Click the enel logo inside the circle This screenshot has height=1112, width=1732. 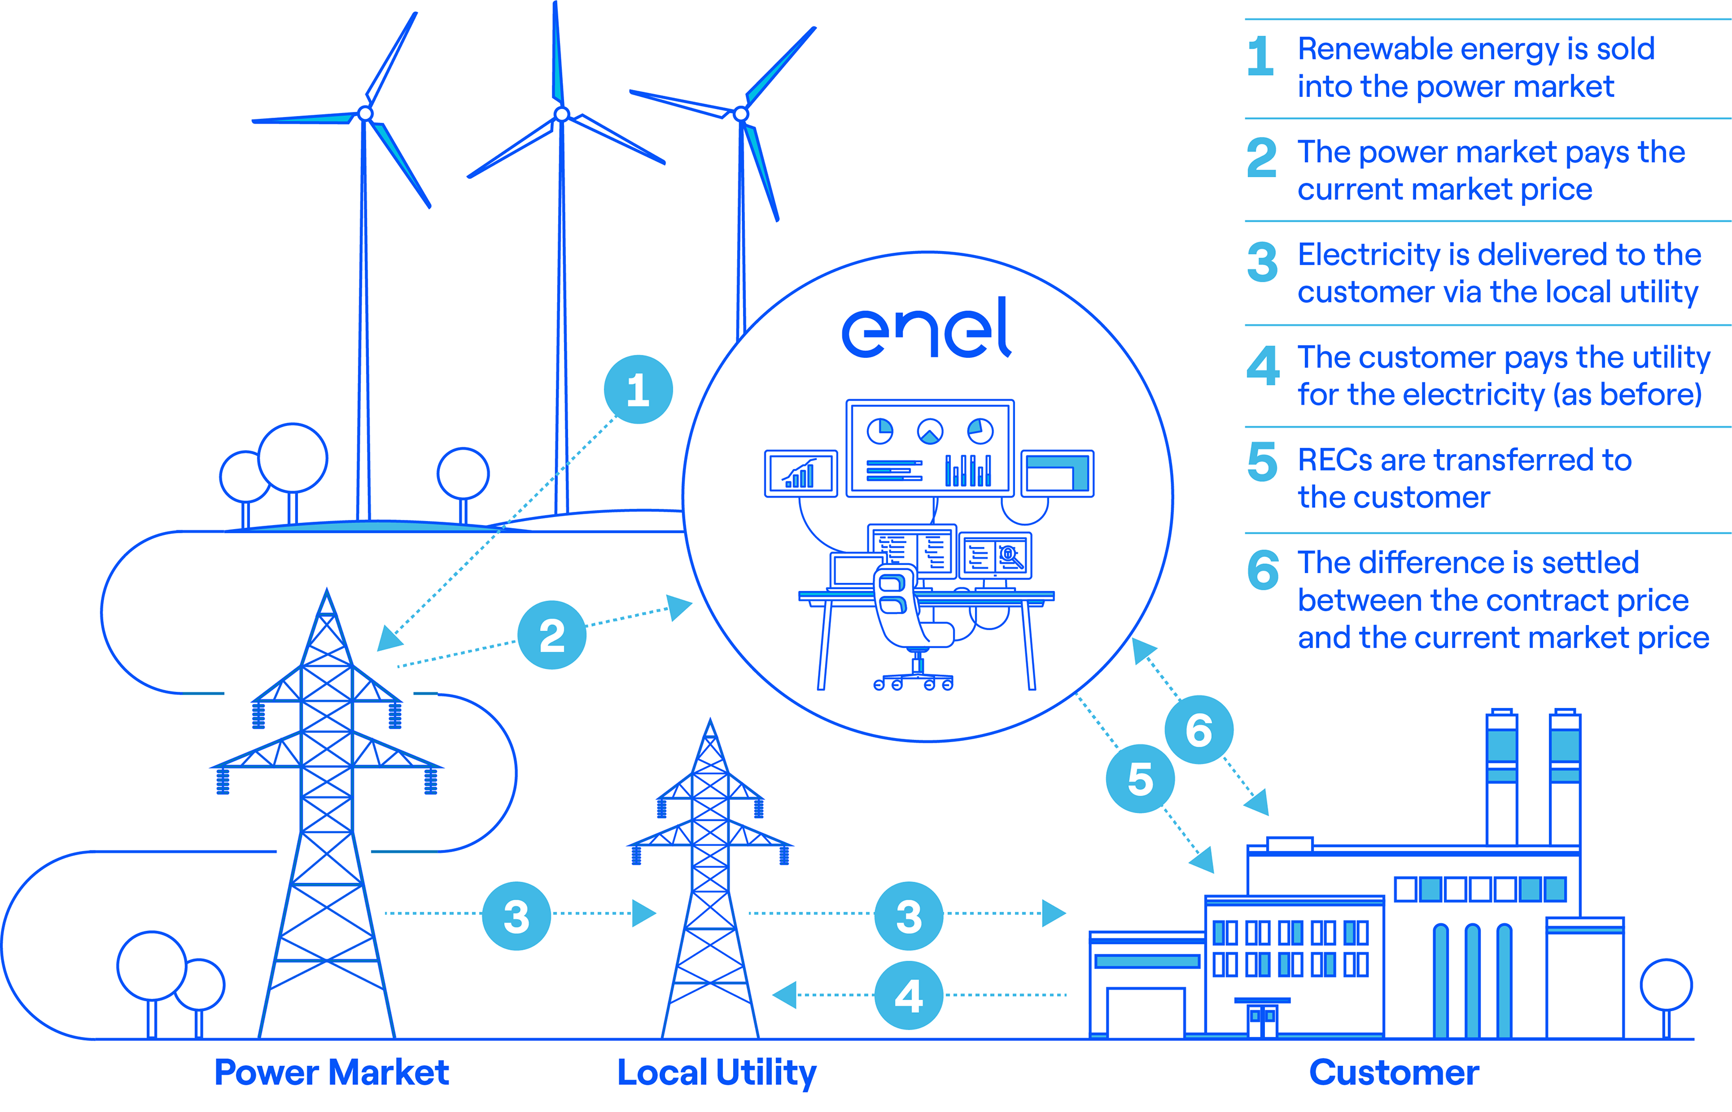tap(927, 328)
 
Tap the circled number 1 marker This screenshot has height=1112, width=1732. tap(638, 390)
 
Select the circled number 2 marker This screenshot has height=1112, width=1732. tap(552, 635)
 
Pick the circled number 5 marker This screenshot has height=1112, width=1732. tap(1140, 779)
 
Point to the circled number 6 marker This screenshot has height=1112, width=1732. tap(1199, 730)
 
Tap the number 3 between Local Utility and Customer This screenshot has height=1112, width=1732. tap(909, 916)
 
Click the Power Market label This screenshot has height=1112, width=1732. tap(331, 1072)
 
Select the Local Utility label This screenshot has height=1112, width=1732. tap(716, 1072)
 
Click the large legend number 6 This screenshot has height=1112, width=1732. tap(1263, 571)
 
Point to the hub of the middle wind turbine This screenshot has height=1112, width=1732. tap(562, 114)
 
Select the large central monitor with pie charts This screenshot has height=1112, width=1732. tap(930, 448)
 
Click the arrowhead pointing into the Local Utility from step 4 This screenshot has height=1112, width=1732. tap(785, 995)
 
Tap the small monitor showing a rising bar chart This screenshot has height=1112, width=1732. tap(800, 474)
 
